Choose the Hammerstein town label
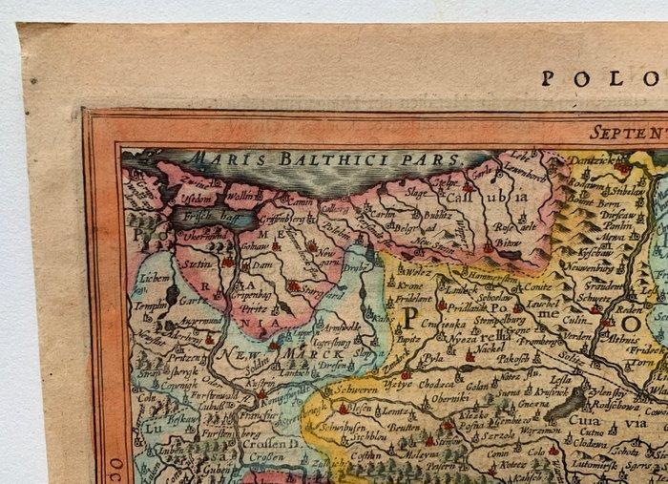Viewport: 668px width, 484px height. [x=473, y=263]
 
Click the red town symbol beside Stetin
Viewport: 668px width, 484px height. [x=226, y=261]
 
